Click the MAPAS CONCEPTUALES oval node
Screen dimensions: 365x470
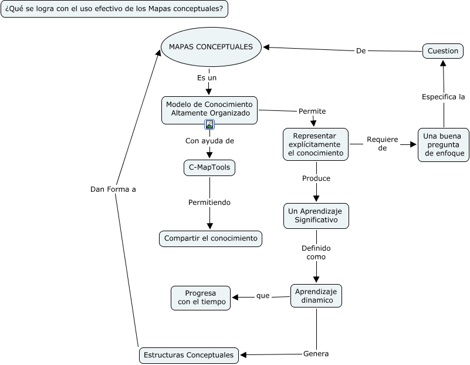211,47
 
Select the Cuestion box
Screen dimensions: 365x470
442,51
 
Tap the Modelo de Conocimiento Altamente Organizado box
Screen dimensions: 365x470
209,109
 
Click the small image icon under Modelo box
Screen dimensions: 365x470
209,124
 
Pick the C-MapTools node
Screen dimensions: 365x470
209,168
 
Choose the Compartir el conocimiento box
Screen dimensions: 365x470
211,238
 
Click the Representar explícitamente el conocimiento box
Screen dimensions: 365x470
315,144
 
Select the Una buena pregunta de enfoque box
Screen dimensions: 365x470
443,144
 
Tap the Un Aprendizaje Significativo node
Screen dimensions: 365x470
316,216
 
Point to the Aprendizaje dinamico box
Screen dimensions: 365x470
316,296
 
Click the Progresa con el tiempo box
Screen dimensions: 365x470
201,298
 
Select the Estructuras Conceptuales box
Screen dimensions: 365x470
189,355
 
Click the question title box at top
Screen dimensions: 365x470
114,9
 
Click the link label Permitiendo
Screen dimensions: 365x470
209,202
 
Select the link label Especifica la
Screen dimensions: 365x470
443,96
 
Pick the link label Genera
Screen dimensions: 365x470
316,354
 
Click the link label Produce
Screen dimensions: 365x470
316,178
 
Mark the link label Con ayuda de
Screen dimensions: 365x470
209,141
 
